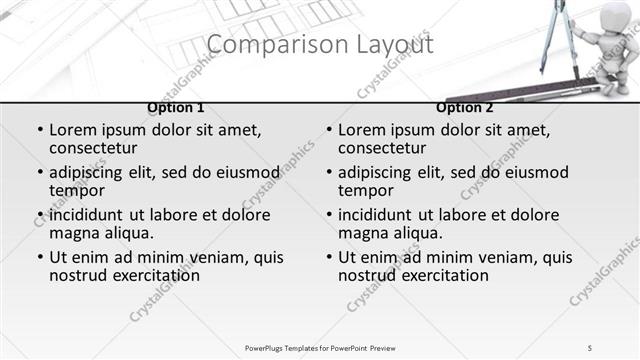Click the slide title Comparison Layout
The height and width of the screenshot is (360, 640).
click(320, 45)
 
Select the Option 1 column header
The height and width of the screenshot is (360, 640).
click(176, 107)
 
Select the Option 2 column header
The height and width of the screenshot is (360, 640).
click(465, 107)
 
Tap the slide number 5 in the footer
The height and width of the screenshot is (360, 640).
click(590, 347)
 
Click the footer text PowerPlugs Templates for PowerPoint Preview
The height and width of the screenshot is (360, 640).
click(320, 347)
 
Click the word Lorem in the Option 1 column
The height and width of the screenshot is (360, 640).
click(73, 130)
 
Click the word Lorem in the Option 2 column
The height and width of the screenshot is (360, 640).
click(362, 130)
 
